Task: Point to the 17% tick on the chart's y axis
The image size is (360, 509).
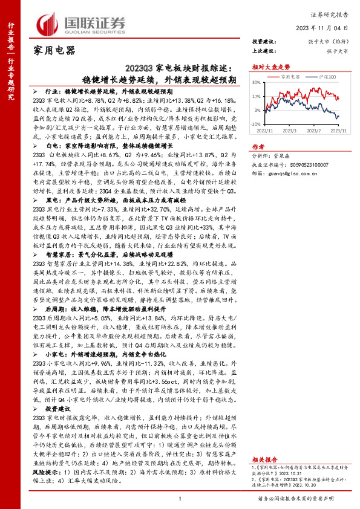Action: click(257, 96)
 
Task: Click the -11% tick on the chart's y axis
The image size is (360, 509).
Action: click(256, 124)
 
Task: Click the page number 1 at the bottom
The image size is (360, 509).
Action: click(180, 499)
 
